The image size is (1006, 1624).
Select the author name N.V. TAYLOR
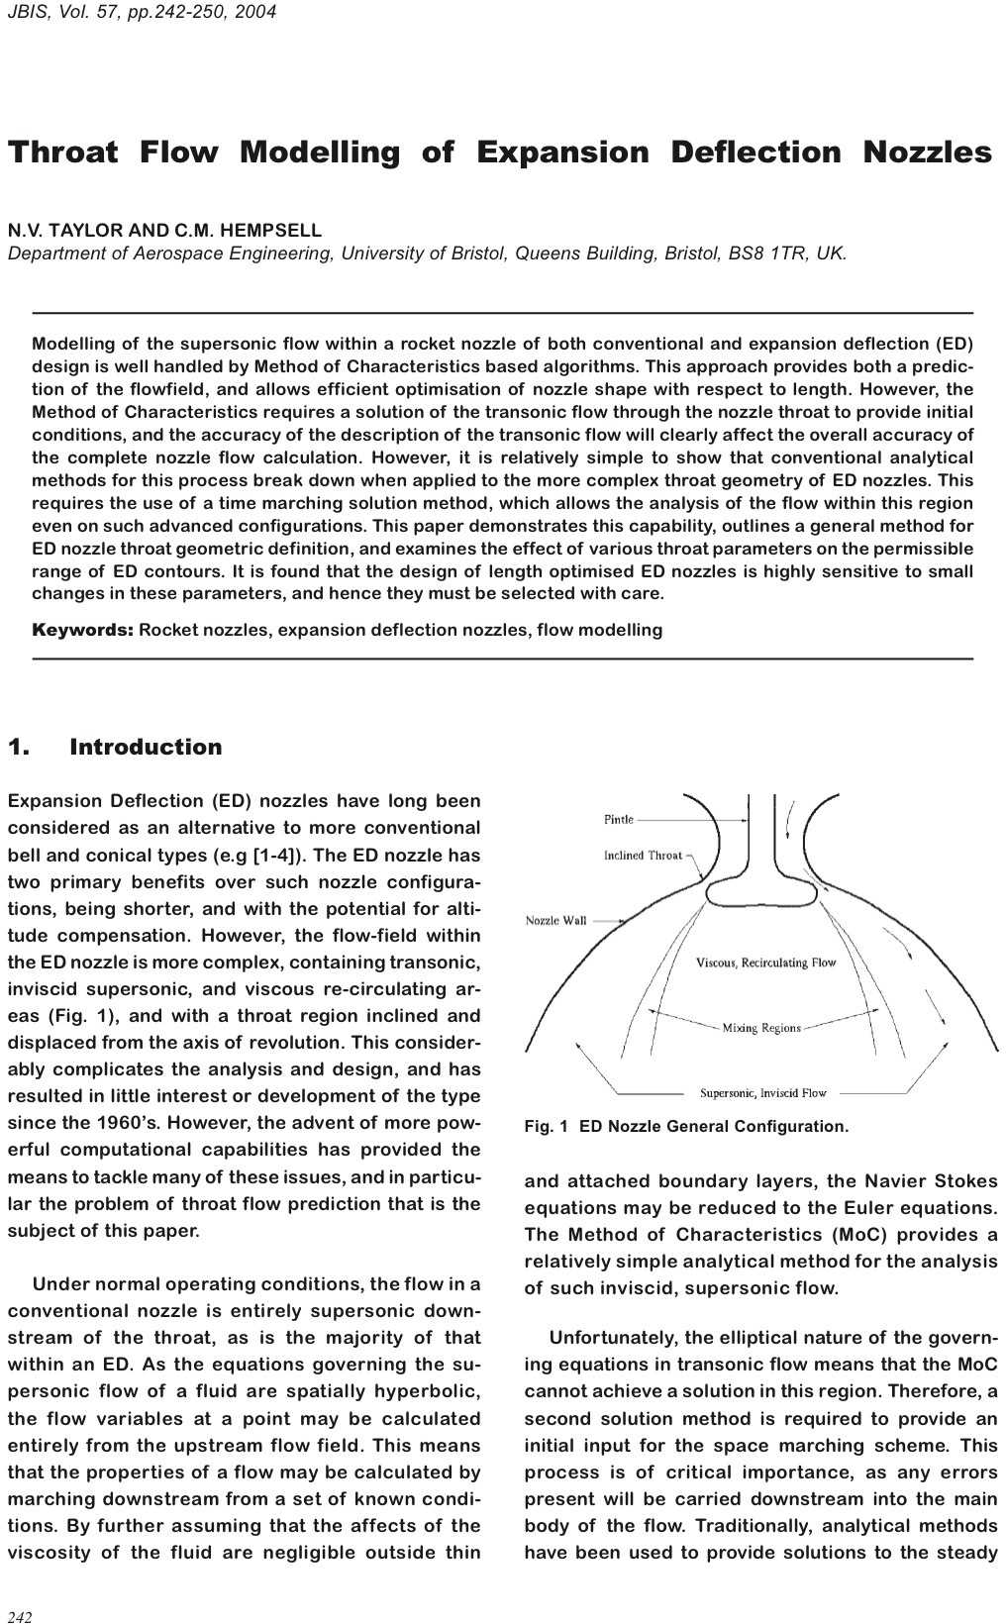(65, 230)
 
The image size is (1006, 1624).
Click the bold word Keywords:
(82, 630)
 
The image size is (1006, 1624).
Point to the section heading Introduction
(146, 747)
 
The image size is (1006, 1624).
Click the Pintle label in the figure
(618, 819)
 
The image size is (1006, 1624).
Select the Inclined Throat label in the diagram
(643, 855)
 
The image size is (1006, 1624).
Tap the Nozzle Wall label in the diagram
(555, 920)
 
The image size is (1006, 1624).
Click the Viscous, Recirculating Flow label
(765, 962)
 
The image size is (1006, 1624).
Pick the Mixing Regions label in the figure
(760, 1027)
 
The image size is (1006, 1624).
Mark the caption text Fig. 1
(547, 1126)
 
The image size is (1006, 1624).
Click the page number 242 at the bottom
(20, 1617)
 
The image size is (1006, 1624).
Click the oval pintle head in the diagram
(760, 891)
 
